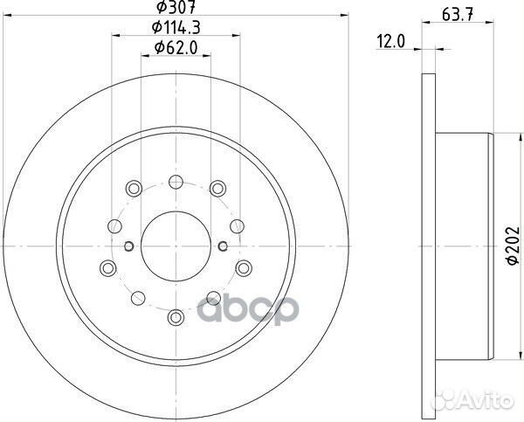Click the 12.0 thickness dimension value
pyautogui.click(x=390, y=41)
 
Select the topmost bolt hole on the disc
pyautogui.click(x=175, y=181)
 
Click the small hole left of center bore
pyautogui.click(x=128, y=247)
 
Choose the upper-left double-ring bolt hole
pyautogui.click(x=133, y=187)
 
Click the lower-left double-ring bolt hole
pyautogui.click(x=107, y=266)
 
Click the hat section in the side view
pyautogui.click(x=463, y=247)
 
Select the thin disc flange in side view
pyautogui.click(x=427, y=247)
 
